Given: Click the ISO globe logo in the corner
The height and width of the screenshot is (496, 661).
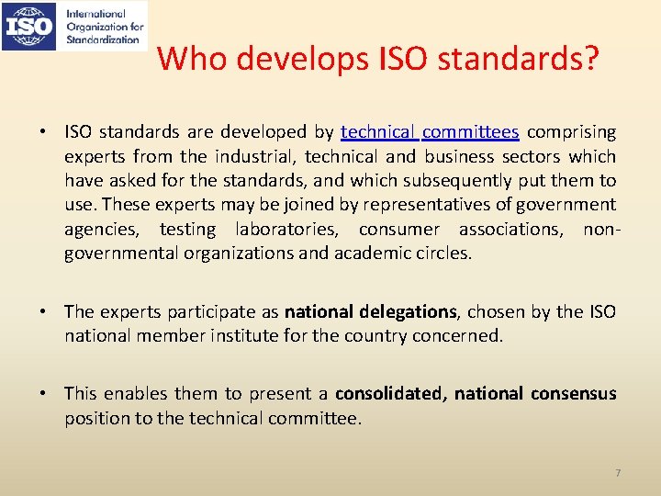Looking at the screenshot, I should (29, 27).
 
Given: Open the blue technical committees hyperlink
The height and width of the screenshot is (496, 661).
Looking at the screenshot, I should (430, 132).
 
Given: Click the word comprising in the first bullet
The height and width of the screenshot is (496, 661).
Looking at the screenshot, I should (572, 132).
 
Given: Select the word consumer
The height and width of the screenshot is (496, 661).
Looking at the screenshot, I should (400, 228).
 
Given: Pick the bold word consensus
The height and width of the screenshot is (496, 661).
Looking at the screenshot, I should (573, 394).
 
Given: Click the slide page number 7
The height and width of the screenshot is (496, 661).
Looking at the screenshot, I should (618, 473).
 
